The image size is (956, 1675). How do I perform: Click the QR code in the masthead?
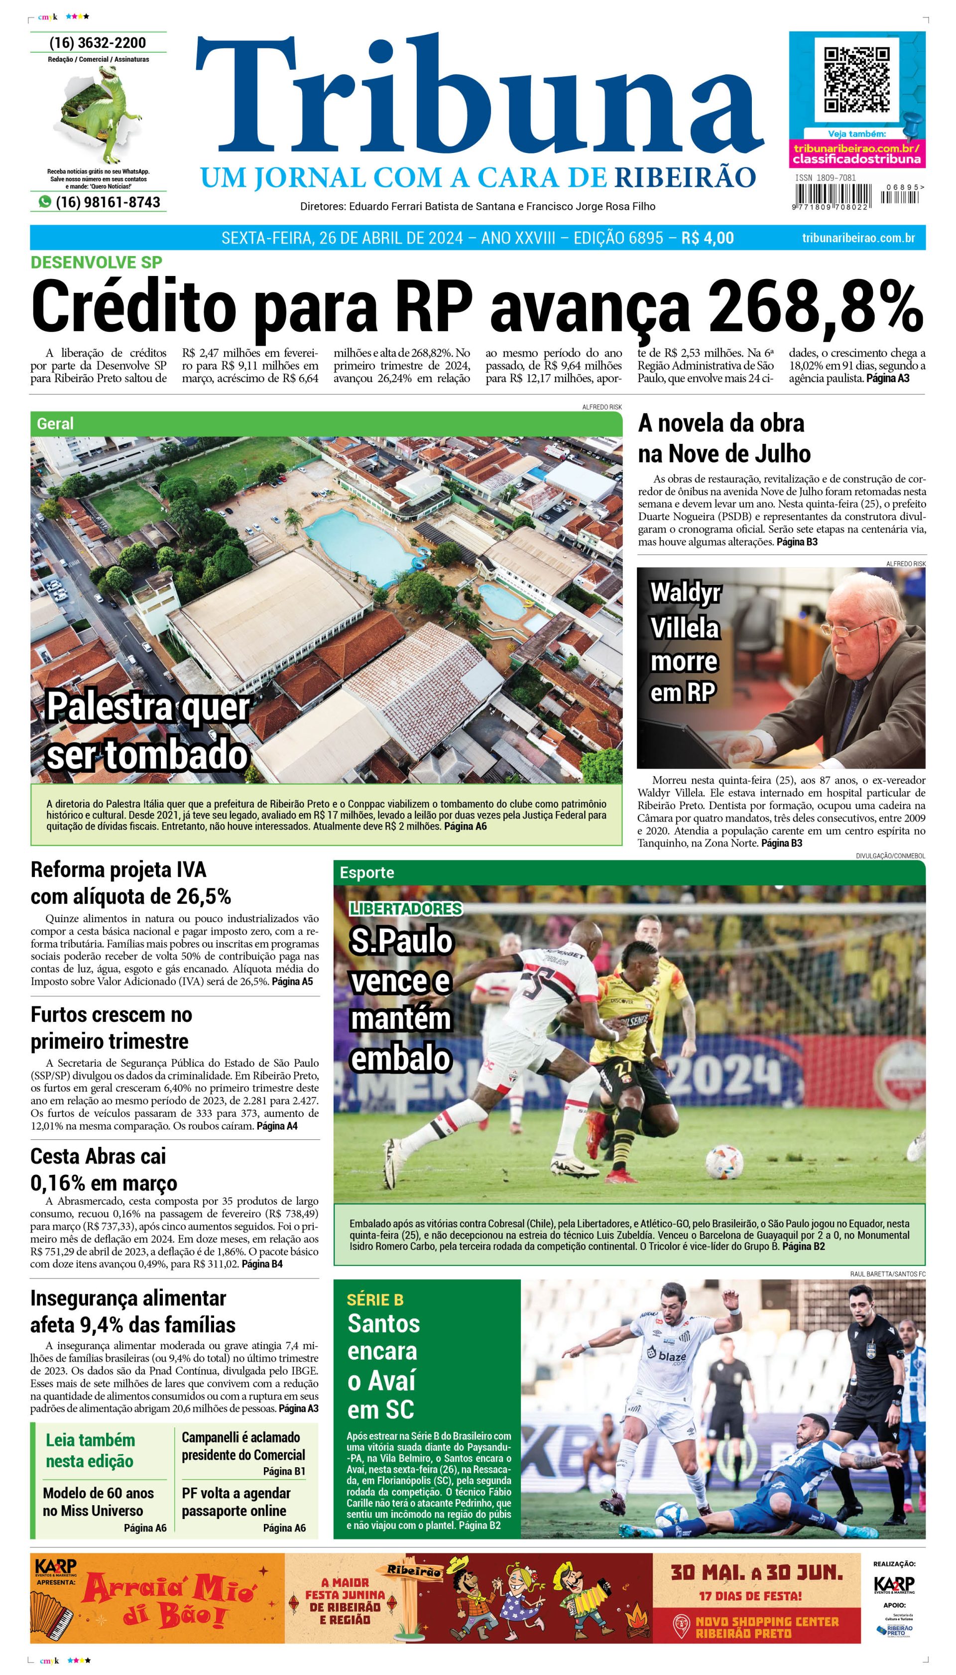pos(857,80)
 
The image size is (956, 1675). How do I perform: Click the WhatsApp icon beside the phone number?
pos(45,202)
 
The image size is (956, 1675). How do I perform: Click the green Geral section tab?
pos(56,423)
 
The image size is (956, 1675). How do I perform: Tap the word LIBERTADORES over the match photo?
pos(406,908)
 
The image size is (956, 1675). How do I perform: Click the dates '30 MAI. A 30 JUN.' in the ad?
pos(756,1572)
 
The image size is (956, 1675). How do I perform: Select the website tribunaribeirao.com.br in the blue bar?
pos(858,238)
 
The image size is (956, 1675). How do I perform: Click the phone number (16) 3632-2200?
pos(98,43)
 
